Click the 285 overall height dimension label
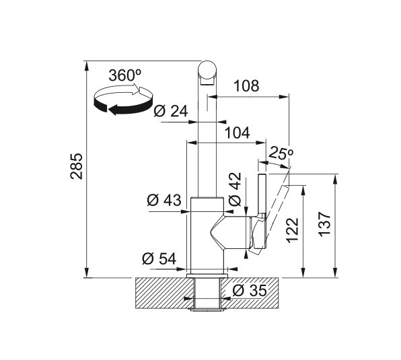77,166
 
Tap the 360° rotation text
124,75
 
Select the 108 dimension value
246,86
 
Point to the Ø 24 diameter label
171,111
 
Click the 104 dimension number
237,133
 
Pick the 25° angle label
281,153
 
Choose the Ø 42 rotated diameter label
235,189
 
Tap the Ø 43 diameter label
164,200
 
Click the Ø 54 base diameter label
159,258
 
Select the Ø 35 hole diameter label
250,290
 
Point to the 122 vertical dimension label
292,230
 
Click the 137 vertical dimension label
324,224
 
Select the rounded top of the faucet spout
207,69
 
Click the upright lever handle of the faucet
262,194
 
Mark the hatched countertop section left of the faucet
163,293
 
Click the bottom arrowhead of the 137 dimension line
335,273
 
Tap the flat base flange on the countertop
207,275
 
